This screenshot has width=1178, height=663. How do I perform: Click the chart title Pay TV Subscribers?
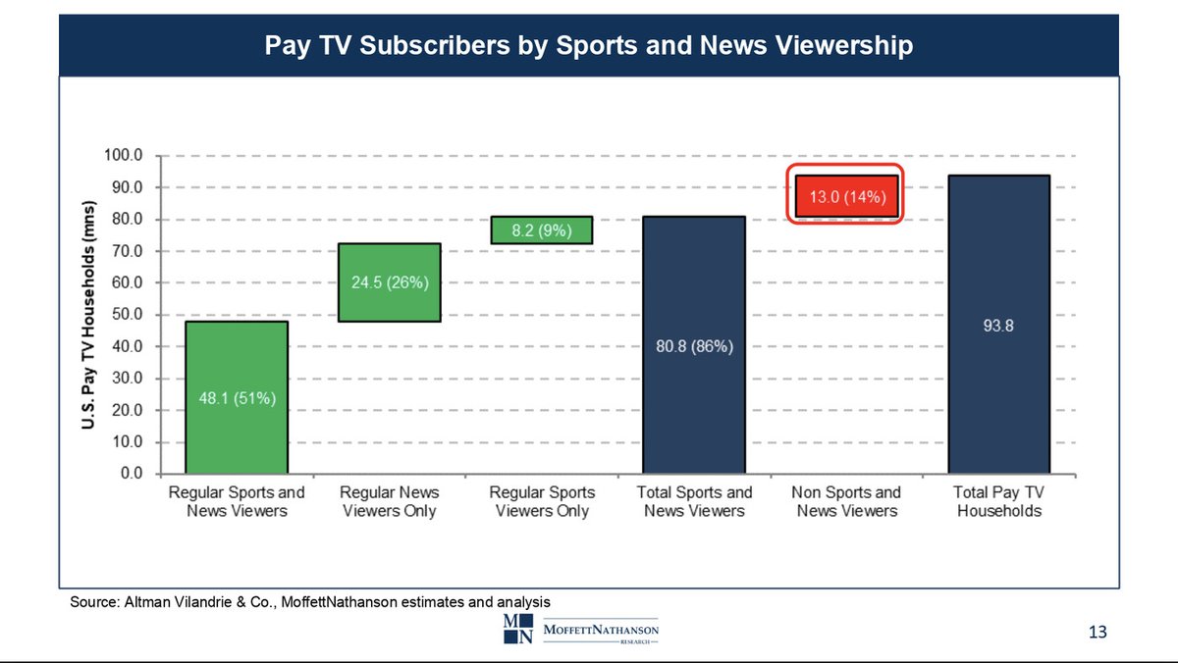click(588, 45)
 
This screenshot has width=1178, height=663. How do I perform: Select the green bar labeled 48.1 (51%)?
click(237, 397)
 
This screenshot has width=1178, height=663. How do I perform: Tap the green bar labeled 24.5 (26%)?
click(390, 282)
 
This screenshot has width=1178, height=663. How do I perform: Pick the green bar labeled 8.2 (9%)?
click(542, 229)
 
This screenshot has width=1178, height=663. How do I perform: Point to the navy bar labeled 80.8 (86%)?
click(694, 345)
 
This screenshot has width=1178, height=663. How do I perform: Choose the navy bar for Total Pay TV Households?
click(998, 325)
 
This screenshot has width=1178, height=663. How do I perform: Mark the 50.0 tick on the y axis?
click(128, 315)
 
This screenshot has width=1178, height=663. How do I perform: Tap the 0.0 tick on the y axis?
click(132, 474)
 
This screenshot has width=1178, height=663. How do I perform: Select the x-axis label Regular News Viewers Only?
click(390, 501)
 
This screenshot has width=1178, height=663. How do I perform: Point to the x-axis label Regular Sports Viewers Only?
click(542, 501)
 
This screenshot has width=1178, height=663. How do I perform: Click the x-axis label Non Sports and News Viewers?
click(846, 501)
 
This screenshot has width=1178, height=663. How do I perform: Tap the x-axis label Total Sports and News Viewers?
click(694, 501)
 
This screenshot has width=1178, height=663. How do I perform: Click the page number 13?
click(1098, 633)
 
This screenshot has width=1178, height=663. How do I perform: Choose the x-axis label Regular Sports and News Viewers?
click(237, 501)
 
